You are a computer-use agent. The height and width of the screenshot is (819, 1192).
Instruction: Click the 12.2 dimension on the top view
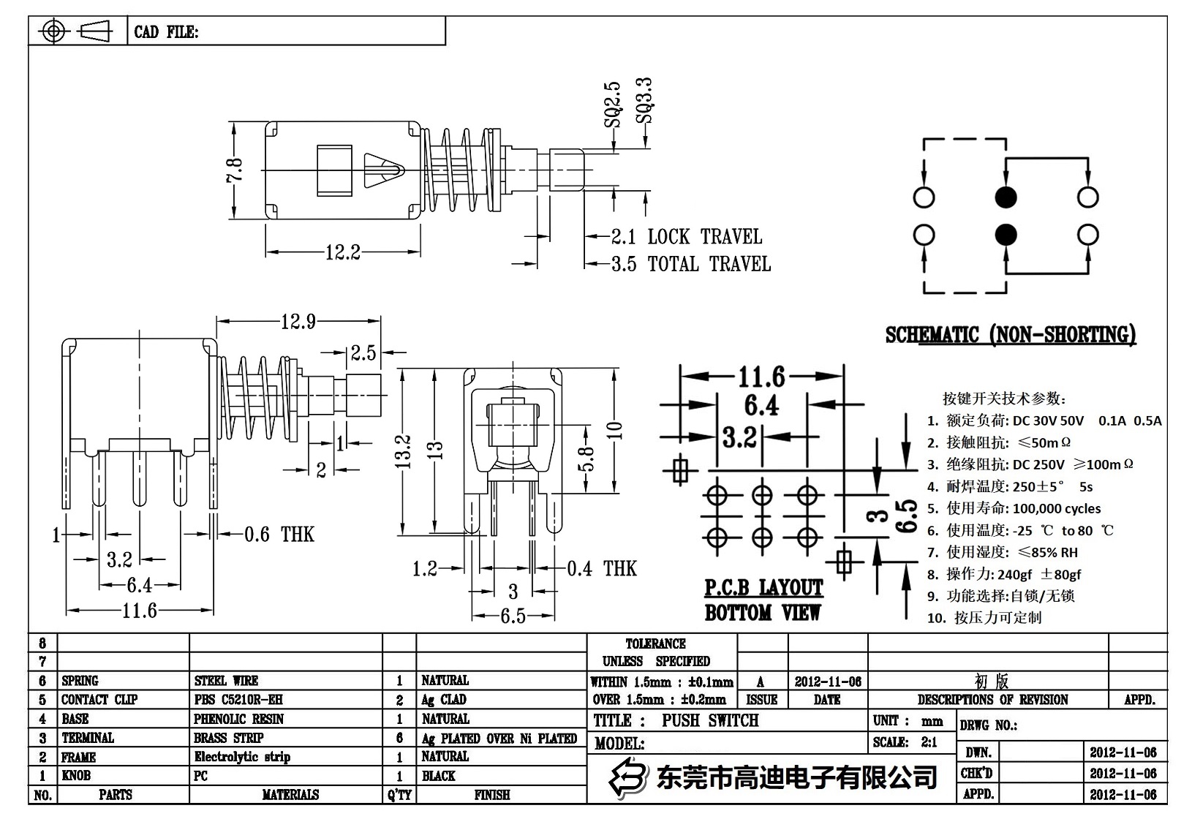[343, 253]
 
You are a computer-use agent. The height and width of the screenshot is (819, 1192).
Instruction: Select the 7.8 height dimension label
[234, 171]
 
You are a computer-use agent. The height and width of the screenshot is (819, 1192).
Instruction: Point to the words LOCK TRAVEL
[704, 237]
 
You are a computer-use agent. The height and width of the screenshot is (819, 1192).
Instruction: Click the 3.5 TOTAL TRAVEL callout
[690, 264]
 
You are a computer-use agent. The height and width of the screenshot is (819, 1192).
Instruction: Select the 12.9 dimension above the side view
[298, 322]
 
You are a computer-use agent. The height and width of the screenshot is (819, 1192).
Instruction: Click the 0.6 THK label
[279, 535]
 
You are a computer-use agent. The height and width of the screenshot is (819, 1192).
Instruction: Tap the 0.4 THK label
[601, 568]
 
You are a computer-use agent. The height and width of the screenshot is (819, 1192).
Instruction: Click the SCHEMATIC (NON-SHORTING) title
[1011, 335]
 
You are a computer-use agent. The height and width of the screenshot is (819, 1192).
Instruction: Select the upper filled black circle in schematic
[1006, 197]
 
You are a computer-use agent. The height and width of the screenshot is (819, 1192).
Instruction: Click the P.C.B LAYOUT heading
[763, 588]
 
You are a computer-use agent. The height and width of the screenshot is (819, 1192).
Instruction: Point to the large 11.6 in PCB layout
[761, 377]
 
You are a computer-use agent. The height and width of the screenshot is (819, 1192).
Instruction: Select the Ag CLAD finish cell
[444, 700]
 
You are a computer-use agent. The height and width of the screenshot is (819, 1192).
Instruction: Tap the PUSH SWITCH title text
[710, 721]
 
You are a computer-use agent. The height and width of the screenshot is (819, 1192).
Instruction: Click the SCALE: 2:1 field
[905, 742]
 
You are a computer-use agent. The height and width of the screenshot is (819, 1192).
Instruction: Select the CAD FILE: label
[166, 32]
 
